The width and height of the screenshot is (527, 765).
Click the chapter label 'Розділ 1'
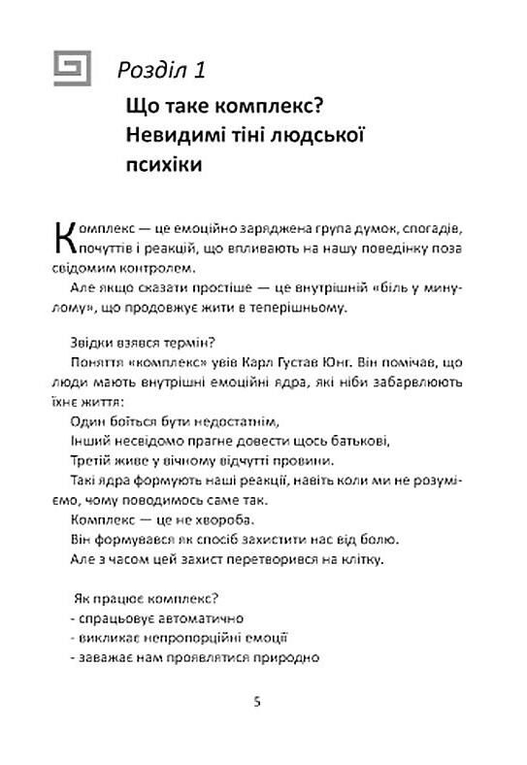pyautogui.click(x=160, y=69)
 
